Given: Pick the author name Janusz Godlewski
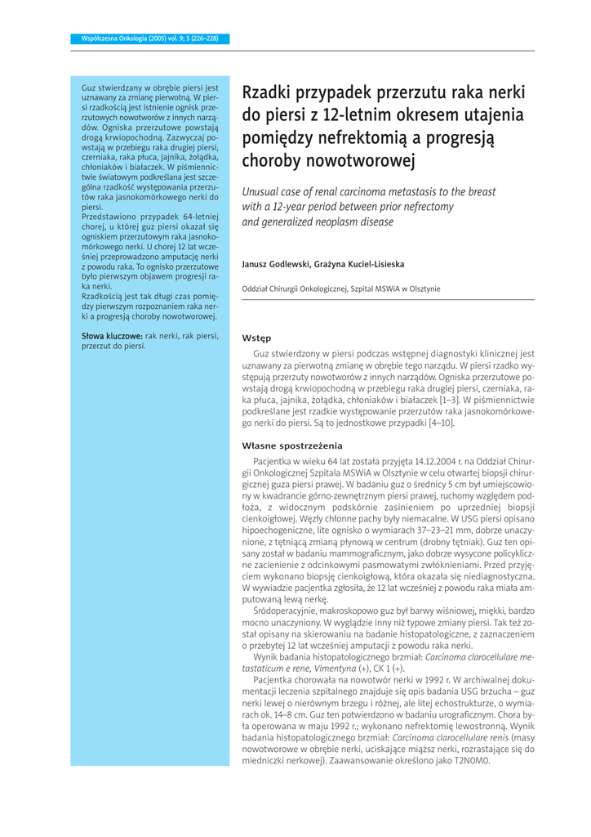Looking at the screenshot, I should click(x=275, y=264).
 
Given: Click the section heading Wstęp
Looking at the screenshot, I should click(x=257, y=338).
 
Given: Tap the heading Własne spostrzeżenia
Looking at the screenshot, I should click(x=291, y=445).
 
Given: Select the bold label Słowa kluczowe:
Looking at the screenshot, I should click(x=111, y=335).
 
